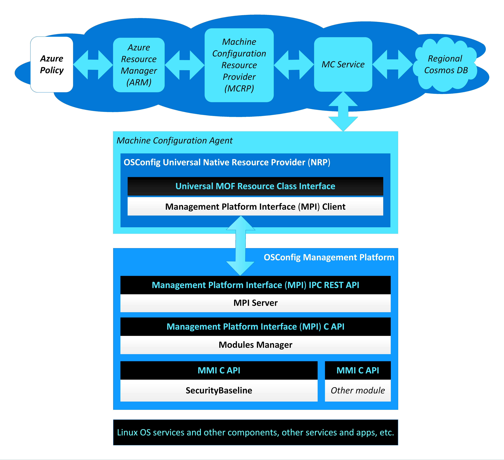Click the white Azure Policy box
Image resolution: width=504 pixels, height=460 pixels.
tap(52, 64)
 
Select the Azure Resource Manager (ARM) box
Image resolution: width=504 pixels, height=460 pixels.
tap(139, 65)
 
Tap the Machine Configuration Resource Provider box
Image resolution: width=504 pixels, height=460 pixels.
tap(239, 65)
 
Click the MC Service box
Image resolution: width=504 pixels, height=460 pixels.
tap(343, 64)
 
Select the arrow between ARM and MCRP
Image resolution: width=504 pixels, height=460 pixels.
tap(185, 65)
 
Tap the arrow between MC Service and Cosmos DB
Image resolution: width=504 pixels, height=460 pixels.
tap(393, 64)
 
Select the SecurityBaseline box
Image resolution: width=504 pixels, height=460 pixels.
tap(219, 390)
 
